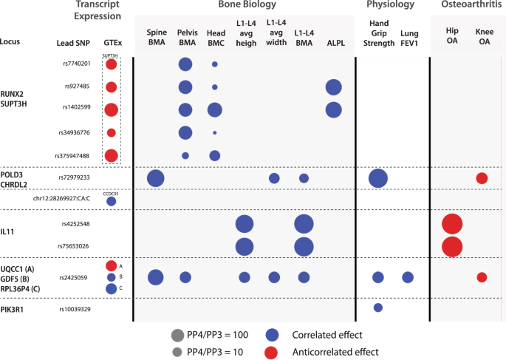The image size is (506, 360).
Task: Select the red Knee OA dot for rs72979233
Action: coord(482,178)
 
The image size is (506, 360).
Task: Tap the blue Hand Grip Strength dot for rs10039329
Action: coord(377,308)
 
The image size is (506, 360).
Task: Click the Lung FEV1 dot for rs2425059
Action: coord(407,277)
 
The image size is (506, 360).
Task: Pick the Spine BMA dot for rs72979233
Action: coord(156,178)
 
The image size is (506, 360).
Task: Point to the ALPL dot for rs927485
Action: coord(333,87)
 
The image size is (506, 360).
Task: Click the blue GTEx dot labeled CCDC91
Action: coord(111,201)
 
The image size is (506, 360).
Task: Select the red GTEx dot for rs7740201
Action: coord(111,64)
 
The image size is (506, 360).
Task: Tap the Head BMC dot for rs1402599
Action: coord(215,109)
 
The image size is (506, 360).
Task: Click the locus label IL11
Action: coord(7,232)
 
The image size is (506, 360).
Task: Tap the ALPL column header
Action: coord(335,43)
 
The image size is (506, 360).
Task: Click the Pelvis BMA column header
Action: coord(185,38)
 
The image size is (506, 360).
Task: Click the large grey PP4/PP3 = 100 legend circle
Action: coord(177,334)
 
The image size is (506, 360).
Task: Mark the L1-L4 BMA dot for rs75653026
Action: coord(304,246)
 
